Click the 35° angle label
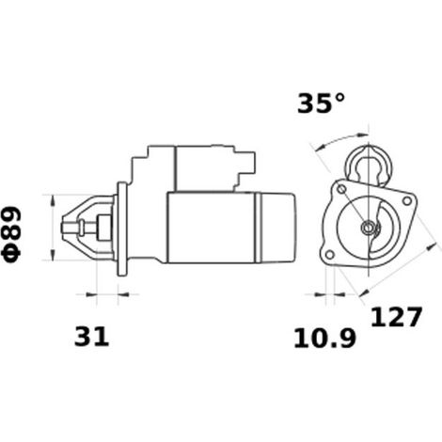[321, 103]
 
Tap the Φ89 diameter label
[12, 234]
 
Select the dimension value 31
[91, 337]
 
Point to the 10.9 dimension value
[324, 339]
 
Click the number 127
[396, 317]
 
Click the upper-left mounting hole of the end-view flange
[341, 189]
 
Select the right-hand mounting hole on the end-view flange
[407, 200]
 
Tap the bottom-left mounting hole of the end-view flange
[330, 255]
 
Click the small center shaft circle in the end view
[367, 228]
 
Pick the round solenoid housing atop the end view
[370, 165]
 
